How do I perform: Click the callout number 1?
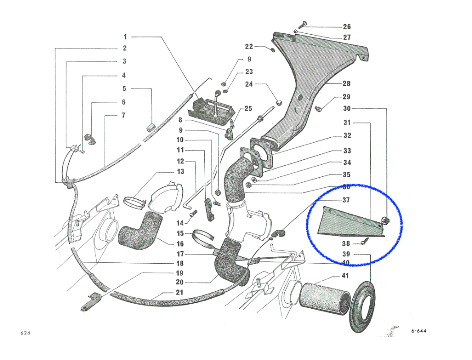[x=125, y=37]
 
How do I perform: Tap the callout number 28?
[x=346, y=83]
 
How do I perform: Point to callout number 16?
[x=180, y=244]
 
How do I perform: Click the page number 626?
[x=25, y=333]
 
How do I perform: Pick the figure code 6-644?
[x=418, y=331]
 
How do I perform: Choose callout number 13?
[x=180, y=171]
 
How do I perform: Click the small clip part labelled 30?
[x=385, y=220]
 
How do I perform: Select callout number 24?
[x=249, y=84]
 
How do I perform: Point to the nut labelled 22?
[x=273, y=49]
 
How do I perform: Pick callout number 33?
[x=346, y=151]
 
